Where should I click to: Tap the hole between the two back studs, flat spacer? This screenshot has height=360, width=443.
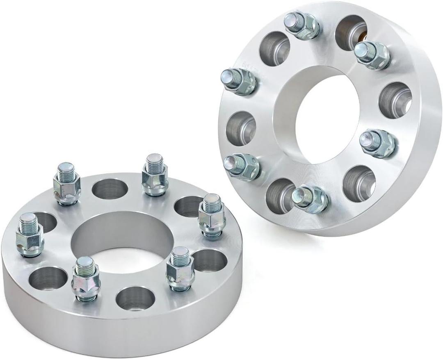(110, 188)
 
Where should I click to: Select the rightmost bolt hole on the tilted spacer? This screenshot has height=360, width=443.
(395, 100)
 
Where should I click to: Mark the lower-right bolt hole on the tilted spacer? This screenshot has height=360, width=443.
(359, 183)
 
